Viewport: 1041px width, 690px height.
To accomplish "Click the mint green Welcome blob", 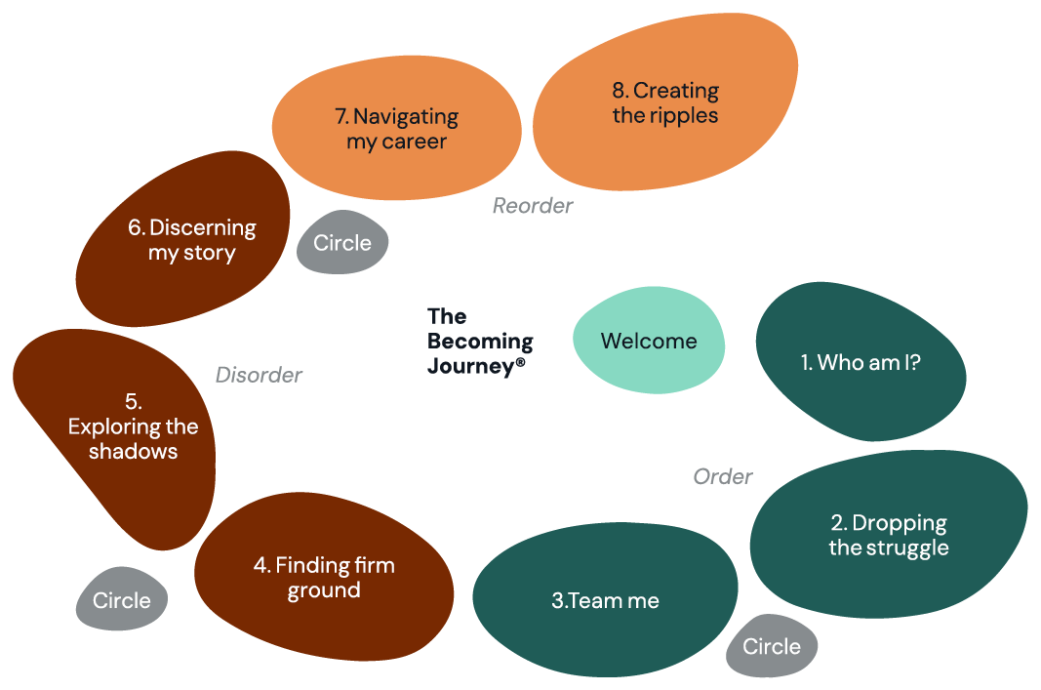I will tap(648, 341).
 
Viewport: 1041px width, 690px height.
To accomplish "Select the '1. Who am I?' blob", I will tap(861, 363).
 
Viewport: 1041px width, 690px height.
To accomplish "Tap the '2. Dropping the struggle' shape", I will tap(888, 536).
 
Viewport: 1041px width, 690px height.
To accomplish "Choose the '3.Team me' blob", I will tap(605, 601).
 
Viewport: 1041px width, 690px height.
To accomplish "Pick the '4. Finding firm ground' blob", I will tap(324, 578).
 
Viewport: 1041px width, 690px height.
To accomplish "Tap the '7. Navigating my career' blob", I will tap(395, 129).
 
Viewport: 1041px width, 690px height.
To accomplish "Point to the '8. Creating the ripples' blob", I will tap(665, 102).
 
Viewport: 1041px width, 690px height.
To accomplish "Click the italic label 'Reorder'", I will tap(532, 206).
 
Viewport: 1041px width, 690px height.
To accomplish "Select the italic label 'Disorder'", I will tap(259, 375).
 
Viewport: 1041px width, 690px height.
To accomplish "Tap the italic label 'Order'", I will tap(722, 476).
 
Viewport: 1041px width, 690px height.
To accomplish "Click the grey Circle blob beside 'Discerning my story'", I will tap(342, 242).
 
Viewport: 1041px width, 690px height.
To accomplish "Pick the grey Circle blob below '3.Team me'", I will tap(771, 647).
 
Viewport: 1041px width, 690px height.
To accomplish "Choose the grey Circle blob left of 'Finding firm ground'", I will tap(122, 600).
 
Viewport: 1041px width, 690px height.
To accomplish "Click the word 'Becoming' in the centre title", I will tap(480, 342).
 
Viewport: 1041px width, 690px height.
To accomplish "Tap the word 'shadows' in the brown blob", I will tap(133, 451).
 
